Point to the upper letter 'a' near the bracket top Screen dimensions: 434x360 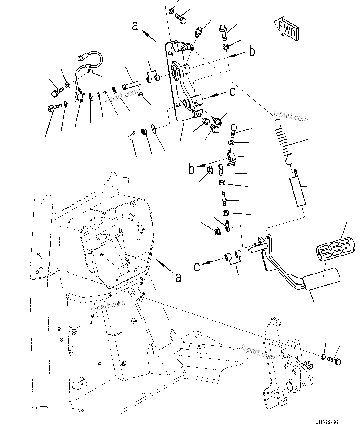coord(135,26)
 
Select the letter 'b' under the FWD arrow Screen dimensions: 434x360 coord(252,52)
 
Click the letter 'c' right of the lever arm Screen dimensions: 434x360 coord(232,91)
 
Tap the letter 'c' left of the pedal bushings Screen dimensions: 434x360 coord(197,266)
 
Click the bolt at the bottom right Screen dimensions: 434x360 coord(335,361)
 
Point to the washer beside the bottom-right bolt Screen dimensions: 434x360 coord(323,357)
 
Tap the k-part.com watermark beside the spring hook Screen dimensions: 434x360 coord(291,118)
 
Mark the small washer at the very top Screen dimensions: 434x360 coord(171,11)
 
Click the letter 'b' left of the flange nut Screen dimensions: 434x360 coord(192,169)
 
